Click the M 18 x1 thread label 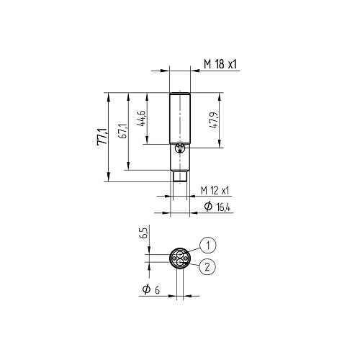[x=220, y=64]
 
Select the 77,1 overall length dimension [x=102, y=137]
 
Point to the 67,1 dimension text [x=122, y=132]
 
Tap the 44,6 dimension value [x=141, y=118]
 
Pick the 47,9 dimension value [x=214, y=120]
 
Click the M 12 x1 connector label [x=215, y=191]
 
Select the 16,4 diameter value [x=223, y=207]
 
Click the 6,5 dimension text [x=145, y=233]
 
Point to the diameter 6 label [x=150, y=289]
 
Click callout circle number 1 [x=208, y=246]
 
